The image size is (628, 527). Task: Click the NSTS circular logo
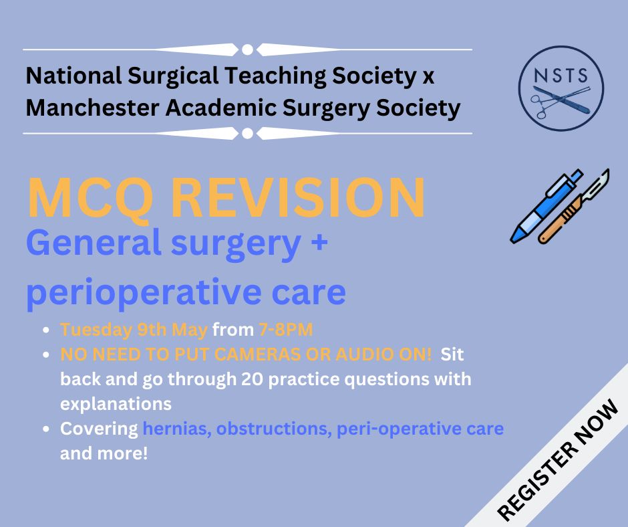(561, 88)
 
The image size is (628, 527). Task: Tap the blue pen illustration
(546, 206)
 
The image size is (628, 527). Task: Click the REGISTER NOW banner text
(557, 459)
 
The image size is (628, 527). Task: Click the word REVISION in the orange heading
(298, 198)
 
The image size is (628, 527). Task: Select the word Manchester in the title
(92, 108)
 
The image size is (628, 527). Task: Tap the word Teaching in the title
(275, 76)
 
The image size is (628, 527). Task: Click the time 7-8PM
(285, 330)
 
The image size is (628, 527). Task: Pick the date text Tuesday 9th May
(134, 330)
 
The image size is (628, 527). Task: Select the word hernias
(177, 429)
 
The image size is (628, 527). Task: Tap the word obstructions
(274, 429)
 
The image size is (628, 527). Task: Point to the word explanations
(116, 404)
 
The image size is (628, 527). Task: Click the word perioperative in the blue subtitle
(144, 292)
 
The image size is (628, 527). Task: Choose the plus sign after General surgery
(319, 242)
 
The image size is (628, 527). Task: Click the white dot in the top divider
(247, 49)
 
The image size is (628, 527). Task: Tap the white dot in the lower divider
(247, 133)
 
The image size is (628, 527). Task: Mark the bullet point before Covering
(46, 429)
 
